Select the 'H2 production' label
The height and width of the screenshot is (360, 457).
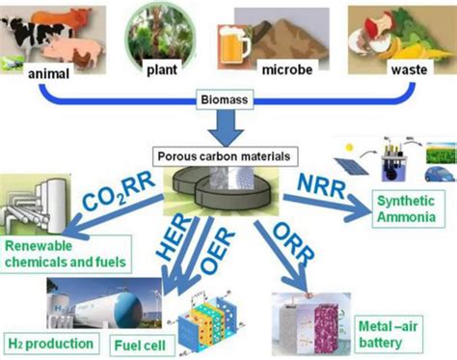coord(39,344)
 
